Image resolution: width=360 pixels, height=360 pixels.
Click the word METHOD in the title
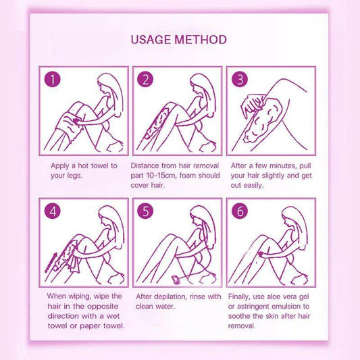201,40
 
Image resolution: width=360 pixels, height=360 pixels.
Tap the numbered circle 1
53,80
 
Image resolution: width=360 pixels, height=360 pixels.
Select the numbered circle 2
145,80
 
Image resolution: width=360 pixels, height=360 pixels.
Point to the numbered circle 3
240,80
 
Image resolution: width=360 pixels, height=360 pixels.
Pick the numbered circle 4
53,211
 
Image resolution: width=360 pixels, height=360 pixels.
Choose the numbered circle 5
145,211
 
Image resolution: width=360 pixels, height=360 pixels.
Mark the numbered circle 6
240,211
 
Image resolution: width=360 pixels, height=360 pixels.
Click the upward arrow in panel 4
51,263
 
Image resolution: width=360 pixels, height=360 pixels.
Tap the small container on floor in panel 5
176,280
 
